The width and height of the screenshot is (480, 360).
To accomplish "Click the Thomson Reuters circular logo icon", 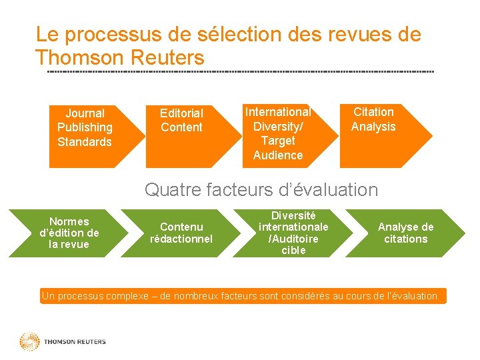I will point(29,342).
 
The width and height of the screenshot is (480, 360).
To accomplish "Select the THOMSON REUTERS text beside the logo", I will point(75,342).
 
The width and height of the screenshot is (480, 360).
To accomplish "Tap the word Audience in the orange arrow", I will point(278,155).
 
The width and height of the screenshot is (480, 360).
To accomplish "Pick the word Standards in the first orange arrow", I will point(85,142).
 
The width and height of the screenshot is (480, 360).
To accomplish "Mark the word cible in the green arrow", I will point(293,251).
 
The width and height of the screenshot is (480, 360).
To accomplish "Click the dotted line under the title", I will point(240,71).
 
